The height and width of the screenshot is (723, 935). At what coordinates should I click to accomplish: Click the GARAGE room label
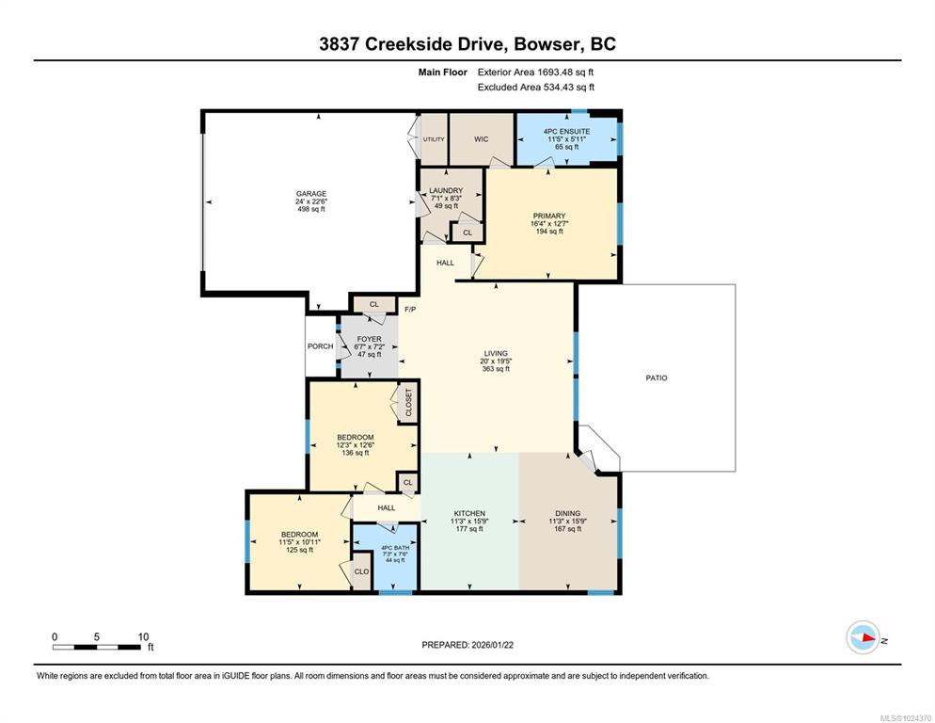tap(311, 193)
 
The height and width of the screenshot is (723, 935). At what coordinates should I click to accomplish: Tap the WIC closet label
tap(482, 139)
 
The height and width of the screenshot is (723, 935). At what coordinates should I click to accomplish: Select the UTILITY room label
tap(434, 139)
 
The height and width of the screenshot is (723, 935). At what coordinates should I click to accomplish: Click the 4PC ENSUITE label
tap(566, 132)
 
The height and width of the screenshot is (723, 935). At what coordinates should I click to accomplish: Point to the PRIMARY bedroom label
tap(549, 217)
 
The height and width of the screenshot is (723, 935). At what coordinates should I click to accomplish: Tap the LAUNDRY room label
tap(446, 191)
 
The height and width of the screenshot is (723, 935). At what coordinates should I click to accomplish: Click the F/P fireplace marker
tap(410, 310)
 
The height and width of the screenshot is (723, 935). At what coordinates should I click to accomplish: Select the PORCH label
tap(320, 346)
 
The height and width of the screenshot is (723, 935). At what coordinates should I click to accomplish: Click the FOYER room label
tap(369, 339)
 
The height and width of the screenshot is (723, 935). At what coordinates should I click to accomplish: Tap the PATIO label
tap(657, 378)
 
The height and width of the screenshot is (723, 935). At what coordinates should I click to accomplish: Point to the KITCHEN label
tap(469, 513)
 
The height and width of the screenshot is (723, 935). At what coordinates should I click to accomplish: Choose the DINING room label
tap(568, 513)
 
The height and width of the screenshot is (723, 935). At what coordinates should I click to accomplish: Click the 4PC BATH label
tap(395, 548)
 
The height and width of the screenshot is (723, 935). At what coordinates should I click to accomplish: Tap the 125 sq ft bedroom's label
tap(299, 535)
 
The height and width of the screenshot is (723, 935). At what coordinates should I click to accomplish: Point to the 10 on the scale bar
tap(143, 636)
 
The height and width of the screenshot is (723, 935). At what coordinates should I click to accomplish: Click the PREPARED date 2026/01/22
tap(492, 645)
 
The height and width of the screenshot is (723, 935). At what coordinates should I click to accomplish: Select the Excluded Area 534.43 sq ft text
tap(535, 88)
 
